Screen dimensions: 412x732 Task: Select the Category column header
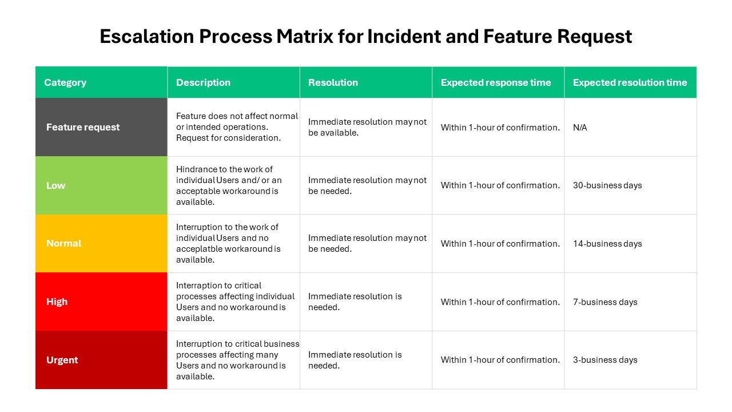pos(65,82)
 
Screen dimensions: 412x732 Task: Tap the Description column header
pos(203,82)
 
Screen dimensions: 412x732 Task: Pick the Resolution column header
pos(333,82)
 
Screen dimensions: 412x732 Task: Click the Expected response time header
pos(496,82)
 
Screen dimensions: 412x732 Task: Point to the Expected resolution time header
pos(630,82)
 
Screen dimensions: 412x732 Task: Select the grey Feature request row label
pos(83,127)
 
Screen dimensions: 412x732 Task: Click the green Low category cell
pos(56,185)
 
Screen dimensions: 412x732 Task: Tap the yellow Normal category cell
pos(63,243)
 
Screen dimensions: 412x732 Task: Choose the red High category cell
pos(57,302)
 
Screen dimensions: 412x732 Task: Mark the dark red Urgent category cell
pos(62,360)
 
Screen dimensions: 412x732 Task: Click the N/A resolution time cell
pos(580,128)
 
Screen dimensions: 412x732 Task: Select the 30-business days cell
pos(607,185)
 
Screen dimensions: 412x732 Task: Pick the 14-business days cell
pos(607,244)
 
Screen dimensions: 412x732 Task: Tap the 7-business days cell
pos(605,302)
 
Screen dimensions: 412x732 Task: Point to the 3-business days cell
pos(605,360)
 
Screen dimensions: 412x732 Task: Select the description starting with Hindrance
pos(229,185)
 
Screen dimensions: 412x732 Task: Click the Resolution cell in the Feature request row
pos(367,127)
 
